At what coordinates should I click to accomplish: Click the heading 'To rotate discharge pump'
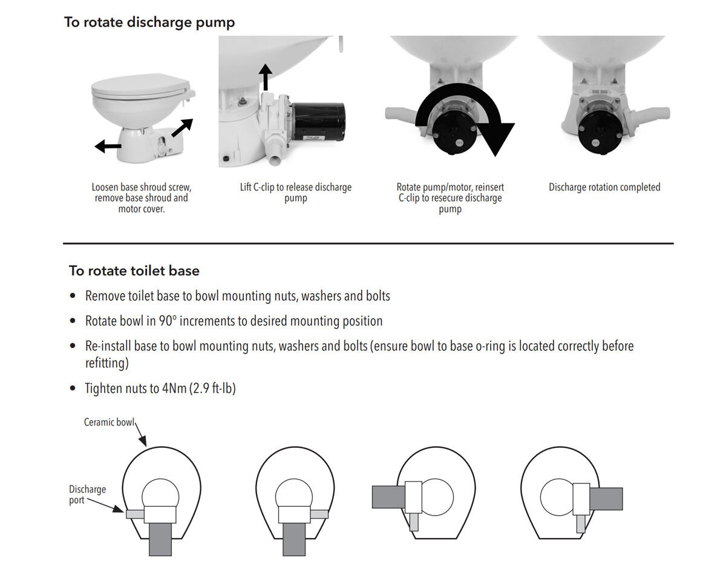[x=149, y=22]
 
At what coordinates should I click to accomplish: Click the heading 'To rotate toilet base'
[x=134, y=271]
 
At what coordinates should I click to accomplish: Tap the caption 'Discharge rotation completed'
[x=604, y=188]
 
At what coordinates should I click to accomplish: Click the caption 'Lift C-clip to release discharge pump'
[x=295, y=192]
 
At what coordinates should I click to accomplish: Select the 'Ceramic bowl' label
[x=109, y=422]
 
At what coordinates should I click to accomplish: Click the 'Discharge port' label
[x=87, y=494]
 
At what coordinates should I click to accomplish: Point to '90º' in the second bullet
[x=168, y=321]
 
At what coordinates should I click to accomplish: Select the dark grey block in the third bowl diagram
[x=388, y=496]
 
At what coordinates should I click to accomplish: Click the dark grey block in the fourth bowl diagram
[x=606, y=499]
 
